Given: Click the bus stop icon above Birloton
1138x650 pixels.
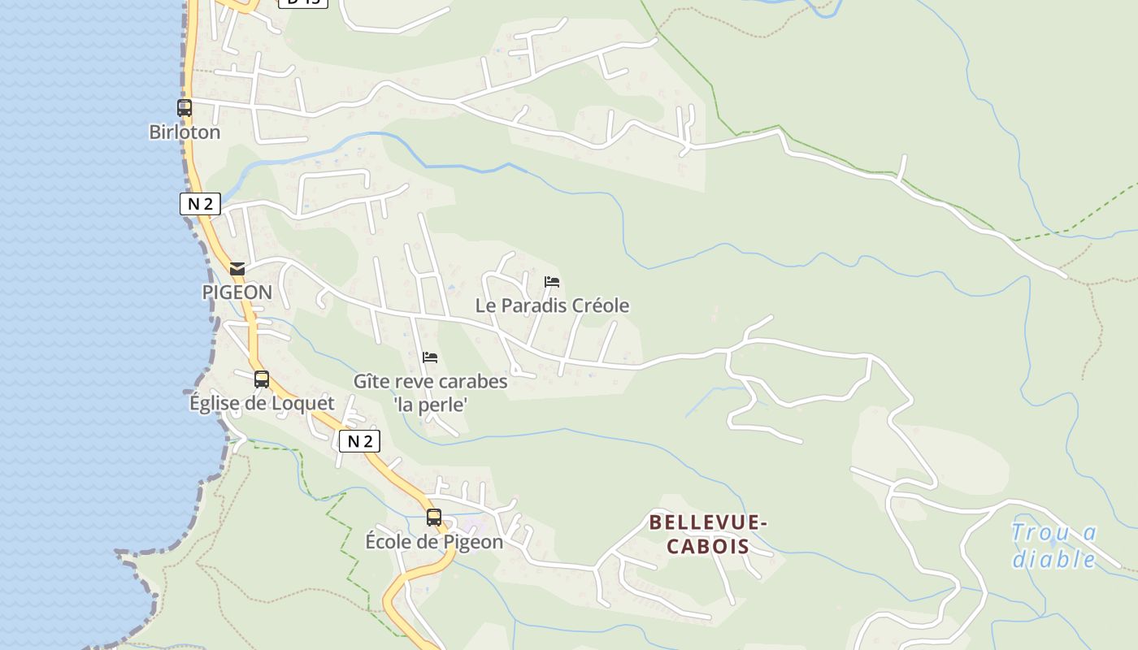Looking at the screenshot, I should tap(185, 107).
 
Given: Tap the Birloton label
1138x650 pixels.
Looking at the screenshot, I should tap(185, 132).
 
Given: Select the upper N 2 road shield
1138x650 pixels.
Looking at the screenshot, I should tap(200, 204).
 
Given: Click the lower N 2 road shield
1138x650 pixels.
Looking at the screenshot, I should tap(359, 441).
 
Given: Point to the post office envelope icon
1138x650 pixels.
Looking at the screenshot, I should tap(237, 268).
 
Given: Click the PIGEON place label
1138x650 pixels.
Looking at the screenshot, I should tap(237, 292).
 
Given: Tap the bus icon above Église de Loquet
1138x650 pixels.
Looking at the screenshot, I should tap(261, 379).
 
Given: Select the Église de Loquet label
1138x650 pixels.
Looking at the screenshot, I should tap(261, 403).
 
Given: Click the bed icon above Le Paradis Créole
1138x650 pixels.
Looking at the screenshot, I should tap(552, 282).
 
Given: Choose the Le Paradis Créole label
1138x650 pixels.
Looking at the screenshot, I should tap(552, 305).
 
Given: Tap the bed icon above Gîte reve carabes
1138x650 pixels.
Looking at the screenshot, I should tap(430, 357).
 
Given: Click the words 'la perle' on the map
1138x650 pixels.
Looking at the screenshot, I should tap(430, 404).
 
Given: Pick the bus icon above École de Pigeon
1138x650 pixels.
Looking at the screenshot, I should tap(434, 517).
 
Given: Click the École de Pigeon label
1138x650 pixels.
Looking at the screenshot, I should tap(434, 541).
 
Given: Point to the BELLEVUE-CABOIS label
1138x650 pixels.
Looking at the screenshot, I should tap(708, 534).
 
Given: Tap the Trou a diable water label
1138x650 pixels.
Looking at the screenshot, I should tap(1054, 546).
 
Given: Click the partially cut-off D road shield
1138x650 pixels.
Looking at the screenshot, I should tap(303, 2).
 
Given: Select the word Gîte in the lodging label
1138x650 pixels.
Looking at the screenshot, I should tap(371, 381).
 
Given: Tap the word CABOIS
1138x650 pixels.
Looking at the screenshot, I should tap(708, 546).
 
